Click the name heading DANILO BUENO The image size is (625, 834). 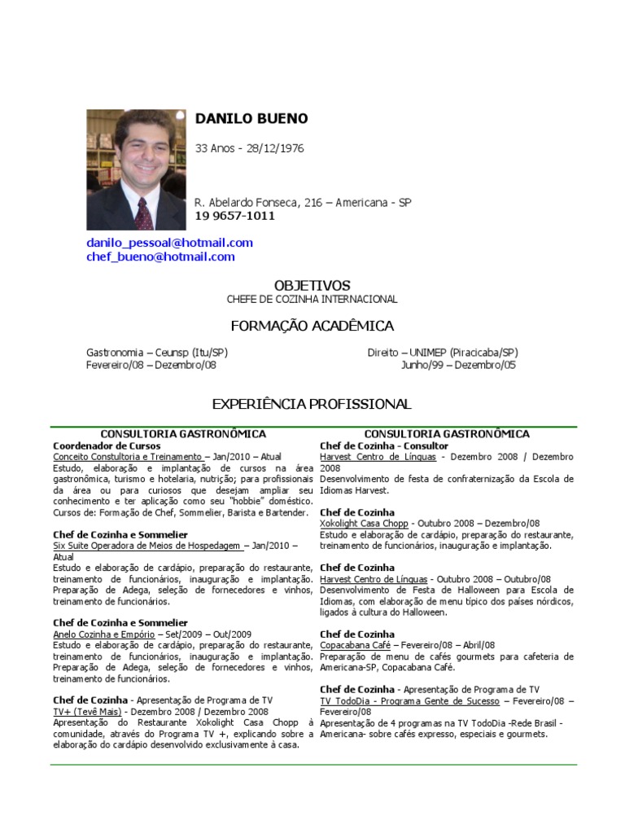(251, 119)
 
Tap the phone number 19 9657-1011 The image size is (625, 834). (234, 216)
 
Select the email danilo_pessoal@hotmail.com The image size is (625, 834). (169, 243)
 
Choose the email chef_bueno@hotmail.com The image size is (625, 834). (160, 257)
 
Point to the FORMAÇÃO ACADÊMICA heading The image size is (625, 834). (312, 327)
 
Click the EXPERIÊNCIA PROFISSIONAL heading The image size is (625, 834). (312, 404)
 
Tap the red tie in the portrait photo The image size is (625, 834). (143, 213)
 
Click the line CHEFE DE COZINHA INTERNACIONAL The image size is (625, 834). (312, 300)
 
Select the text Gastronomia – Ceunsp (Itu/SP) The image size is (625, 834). (157, 353)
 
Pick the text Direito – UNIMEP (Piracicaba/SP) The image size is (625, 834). (443, 353)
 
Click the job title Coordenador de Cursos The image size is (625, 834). (107, 446)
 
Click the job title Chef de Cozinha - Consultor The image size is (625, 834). (384, 446)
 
